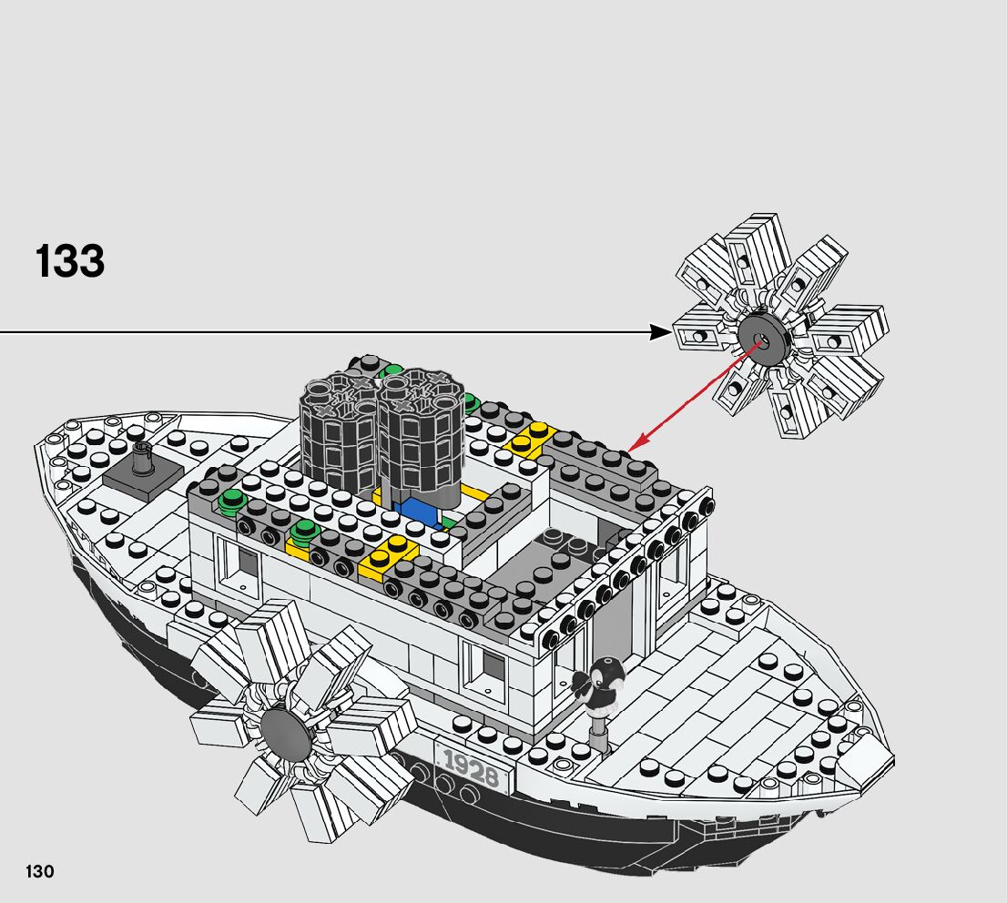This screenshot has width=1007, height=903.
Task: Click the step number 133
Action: pyautogui.click(x=70, y=260)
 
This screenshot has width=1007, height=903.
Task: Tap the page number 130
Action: pyautogui.click(x=39, y=871)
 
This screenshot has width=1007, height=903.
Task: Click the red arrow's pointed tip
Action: pyautogui.click(x=632, y=448)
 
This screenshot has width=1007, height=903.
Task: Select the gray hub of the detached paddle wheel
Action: pyautogui.click(x=762, y=341)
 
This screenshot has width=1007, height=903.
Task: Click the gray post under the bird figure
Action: pyautogui.click(x=597, y=732)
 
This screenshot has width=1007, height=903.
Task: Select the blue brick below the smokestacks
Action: pyautogui.click(x=422, y=511)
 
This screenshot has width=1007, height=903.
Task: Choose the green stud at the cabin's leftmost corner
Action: pyautogui.click(x=233, y=500)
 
